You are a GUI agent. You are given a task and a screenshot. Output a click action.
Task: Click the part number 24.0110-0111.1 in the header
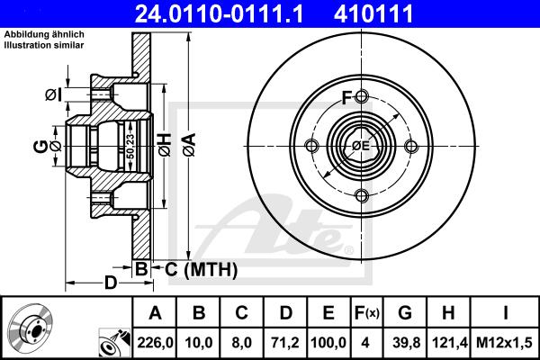point(219,13)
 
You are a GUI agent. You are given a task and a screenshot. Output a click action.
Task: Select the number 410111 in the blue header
point(373,13)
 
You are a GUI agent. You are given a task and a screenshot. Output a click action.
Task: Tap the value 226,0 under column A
point(155,343)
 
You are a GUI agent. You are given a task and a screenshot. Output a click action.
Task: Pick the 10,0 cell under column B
point(198,343)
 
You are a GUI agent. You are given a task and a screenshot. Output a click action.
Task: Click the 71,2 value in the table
point(285,343)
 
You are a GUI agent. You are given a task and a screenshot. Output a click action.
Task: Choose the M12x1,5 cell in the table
point(504,343)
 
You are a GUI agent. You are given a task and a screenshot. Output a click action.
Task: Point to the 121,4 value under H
point(449,343)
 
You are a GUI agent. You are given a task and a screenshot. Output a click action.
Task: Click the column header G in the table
point(405,313)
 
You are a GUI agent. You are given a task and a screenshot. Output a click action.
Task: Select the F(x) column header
point(366,313)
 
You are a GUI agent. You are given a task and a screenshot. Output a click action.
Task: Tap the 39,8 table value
point(406,343)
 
